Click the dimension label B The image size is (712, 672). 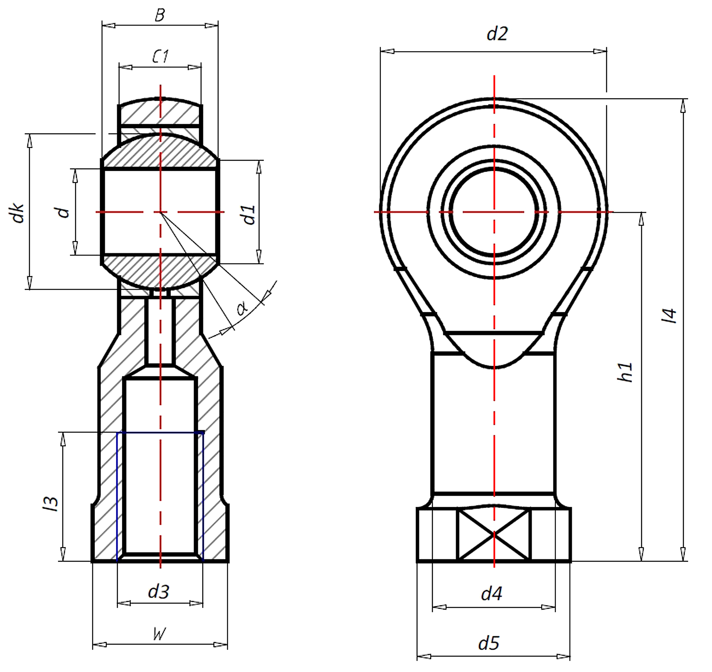tap(160, 15)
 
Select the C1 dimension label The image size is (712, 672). tap(160, 57)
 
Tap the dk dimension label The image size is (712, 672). tap(18, 213)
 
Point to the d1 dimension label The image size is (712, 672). tap(249, 215)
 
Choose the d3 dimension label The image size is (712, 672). tap(159, 591)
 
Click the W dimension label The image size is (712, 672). tap(159, 634)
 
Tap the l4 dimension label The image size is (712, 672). tap(669, 316)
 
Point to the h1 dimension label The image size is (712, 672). tap(626, 372)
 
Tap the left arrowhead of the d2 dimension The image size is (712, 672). tap(387, 51)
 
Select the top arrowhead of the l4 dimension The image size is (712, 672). tap(683, 105)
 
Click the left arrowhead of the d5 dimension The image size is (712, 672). tap(424, 656)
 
